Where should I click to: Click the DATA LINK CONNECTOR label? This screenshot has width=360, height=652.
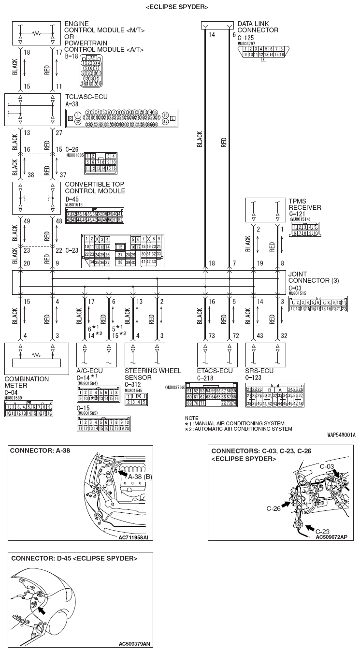(258, 27)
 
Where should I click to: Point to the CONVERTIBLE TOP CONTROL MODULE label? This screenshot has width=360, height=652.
(95, 188)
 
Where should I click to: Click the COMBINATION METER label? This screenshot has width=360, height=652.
(27, 382)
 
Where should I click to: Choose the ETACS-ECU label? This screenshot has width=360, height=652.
(215, 371)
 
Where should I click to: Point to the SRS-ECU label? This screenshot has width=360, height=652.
(259, 371)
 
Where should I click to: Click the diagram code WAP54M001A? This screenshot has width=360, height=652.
(341, 435)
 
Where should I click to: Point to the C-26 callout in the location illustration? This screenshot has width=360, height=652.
(274, 508)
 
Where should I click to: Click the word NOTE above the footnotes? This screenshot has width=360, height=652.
(192, 418)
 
